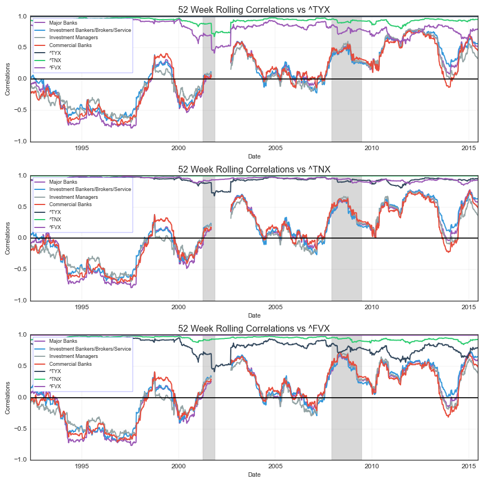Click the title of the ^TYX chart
click(x=254, y=10)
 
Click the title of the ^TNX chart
click(x=254, y=169)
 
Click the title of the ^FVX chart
click(x=254, y=328)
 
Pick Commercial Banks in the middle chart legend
click(x=71, y=204)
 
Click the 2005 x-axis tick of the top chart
click(x=275, y=148)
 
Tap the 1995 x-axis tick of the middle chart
click(x=82, y=307)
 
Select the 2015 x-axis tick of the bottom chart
click(x=468, y=466)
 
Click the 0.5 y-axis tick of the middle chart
click(x=22, y=207)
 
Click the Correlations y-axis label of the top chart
click(x=8, y=79)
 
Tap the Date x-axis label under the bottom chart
click(x=254, y=474)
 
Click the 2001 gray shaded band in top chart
click(x=208, y=79)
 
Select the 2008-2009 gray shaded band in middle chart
click(x=346, y=238)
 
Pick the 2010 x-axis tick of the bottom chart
click(x=372, y=466)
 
